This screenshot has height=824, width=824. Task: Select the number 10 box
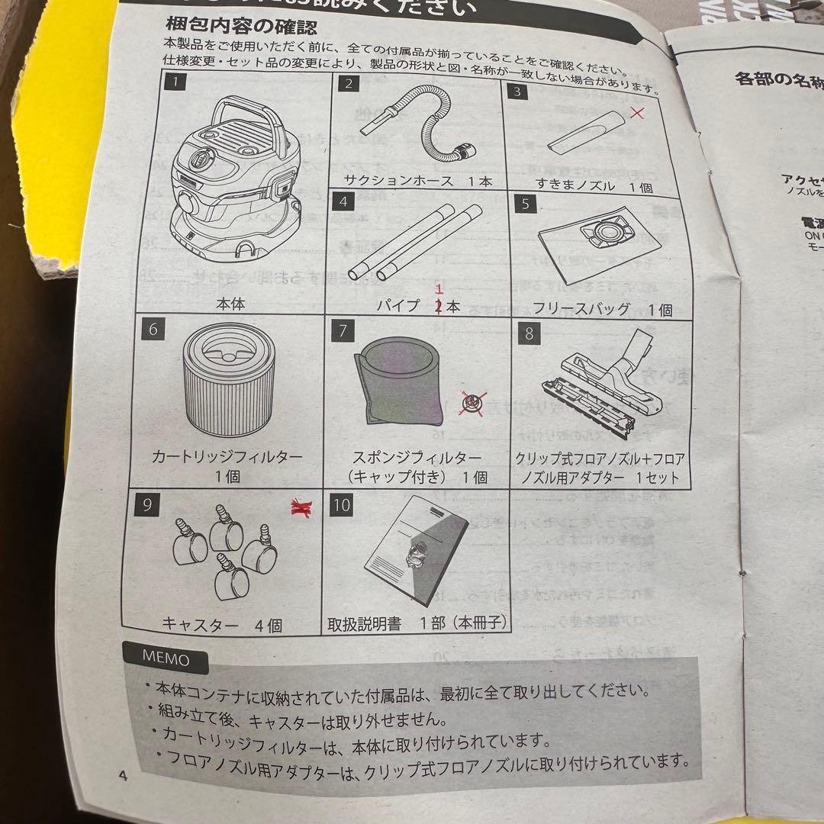point(342,505)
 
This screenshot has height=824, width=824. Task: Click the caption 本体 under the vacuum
point(228,304)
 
